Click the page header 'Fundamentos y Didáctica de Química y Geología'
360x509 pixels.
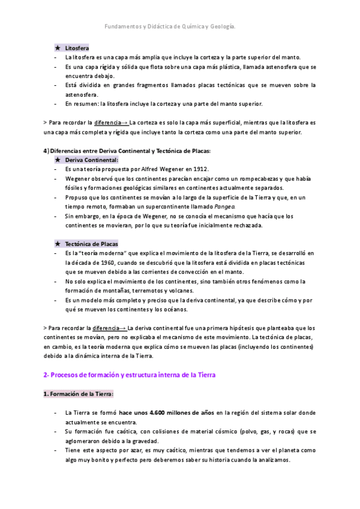[x=170, y=27]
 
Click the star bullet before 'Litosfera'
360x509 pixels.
[x=57, y=47]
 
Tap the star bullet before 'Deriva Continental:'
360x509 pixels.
[x=57, y=160]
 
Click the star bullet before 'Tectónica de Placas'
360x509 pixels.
[x=57, y=244]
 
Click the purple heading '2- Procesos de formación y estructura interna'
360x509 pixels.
[x=129, y=375]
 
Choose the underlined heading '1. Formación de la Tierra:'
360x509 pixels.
[x=78, y=394]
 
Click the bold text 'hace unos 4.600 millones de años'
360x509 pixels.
[x=166, y=413]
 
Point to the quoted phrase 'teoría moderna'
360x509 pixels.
[x=102, y=253]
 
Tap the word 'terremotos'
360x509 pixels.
[x=157, y=291]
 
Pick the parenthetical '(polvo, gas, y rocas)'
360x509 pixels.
[x=269, y=432]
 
